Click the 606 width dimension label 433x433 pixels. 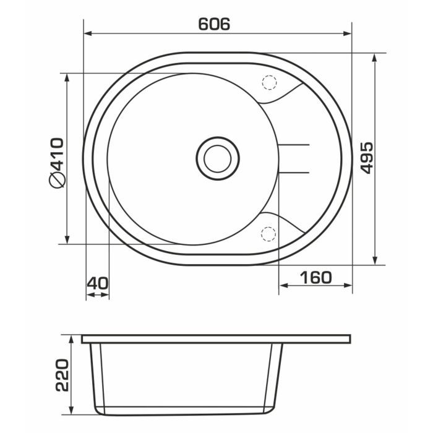pos(214,24)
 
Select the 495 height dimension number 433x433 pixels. pos(367,158)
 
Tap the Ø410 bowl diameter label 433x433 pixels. pos(57,163)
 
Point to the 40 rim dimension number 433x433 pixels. pos(98,283)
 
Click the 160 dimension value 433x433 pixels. pos(316,278)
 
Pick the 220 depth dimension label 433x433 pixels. pos(62,375)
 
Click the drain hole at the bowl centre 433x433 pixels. pos(218,158)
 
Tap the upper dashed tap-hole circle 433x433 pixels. pos(269,82)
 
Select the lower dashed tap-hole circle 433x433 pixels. pos(268,234)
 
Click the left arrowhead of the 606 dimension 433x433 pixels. pos(88,33)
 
